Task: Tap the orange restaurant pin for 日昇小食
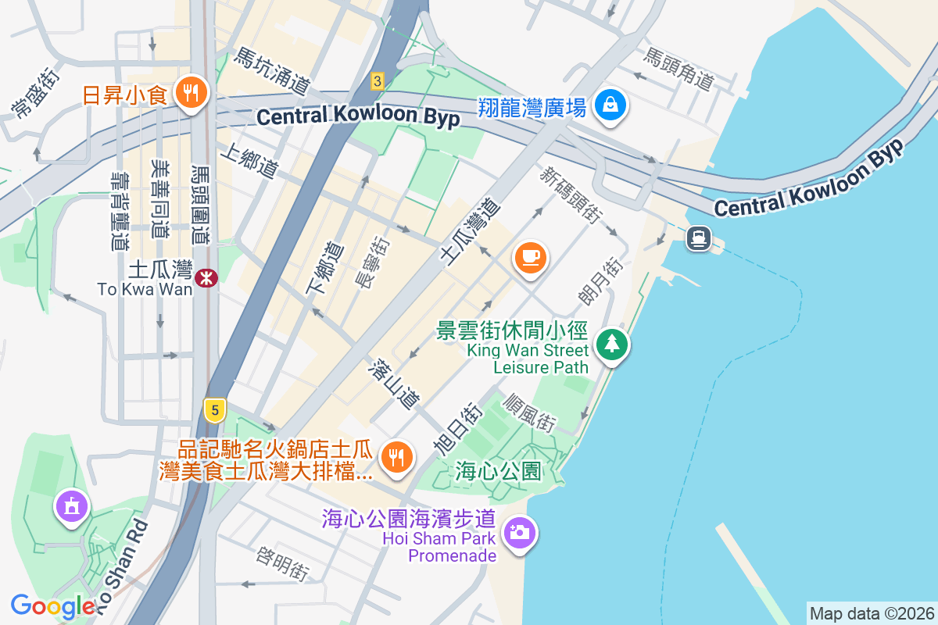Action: [x=188, y=94]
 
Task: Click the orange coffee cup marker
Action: [x=531, y=257]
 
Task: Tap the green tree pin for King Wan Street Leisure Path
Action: [x=613, y=345]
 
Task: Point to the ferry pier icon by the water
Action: [x=698, y=238]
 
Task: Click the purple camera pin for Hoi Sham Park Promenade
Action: [x=518, y=534]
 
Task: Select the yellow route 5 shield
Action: [x=214, y=409]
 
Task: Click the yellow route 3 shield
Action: [x=378, y=80]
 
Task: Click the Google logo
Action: [x=52, y=606]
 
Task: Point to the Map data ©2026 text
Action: [x=871, y=613]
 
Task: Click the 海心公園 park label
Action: [x=499, y=471]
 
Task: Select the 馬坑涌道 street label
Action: [x=273, y=70]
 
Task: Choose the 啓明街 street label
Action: [x=281, y=562]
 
